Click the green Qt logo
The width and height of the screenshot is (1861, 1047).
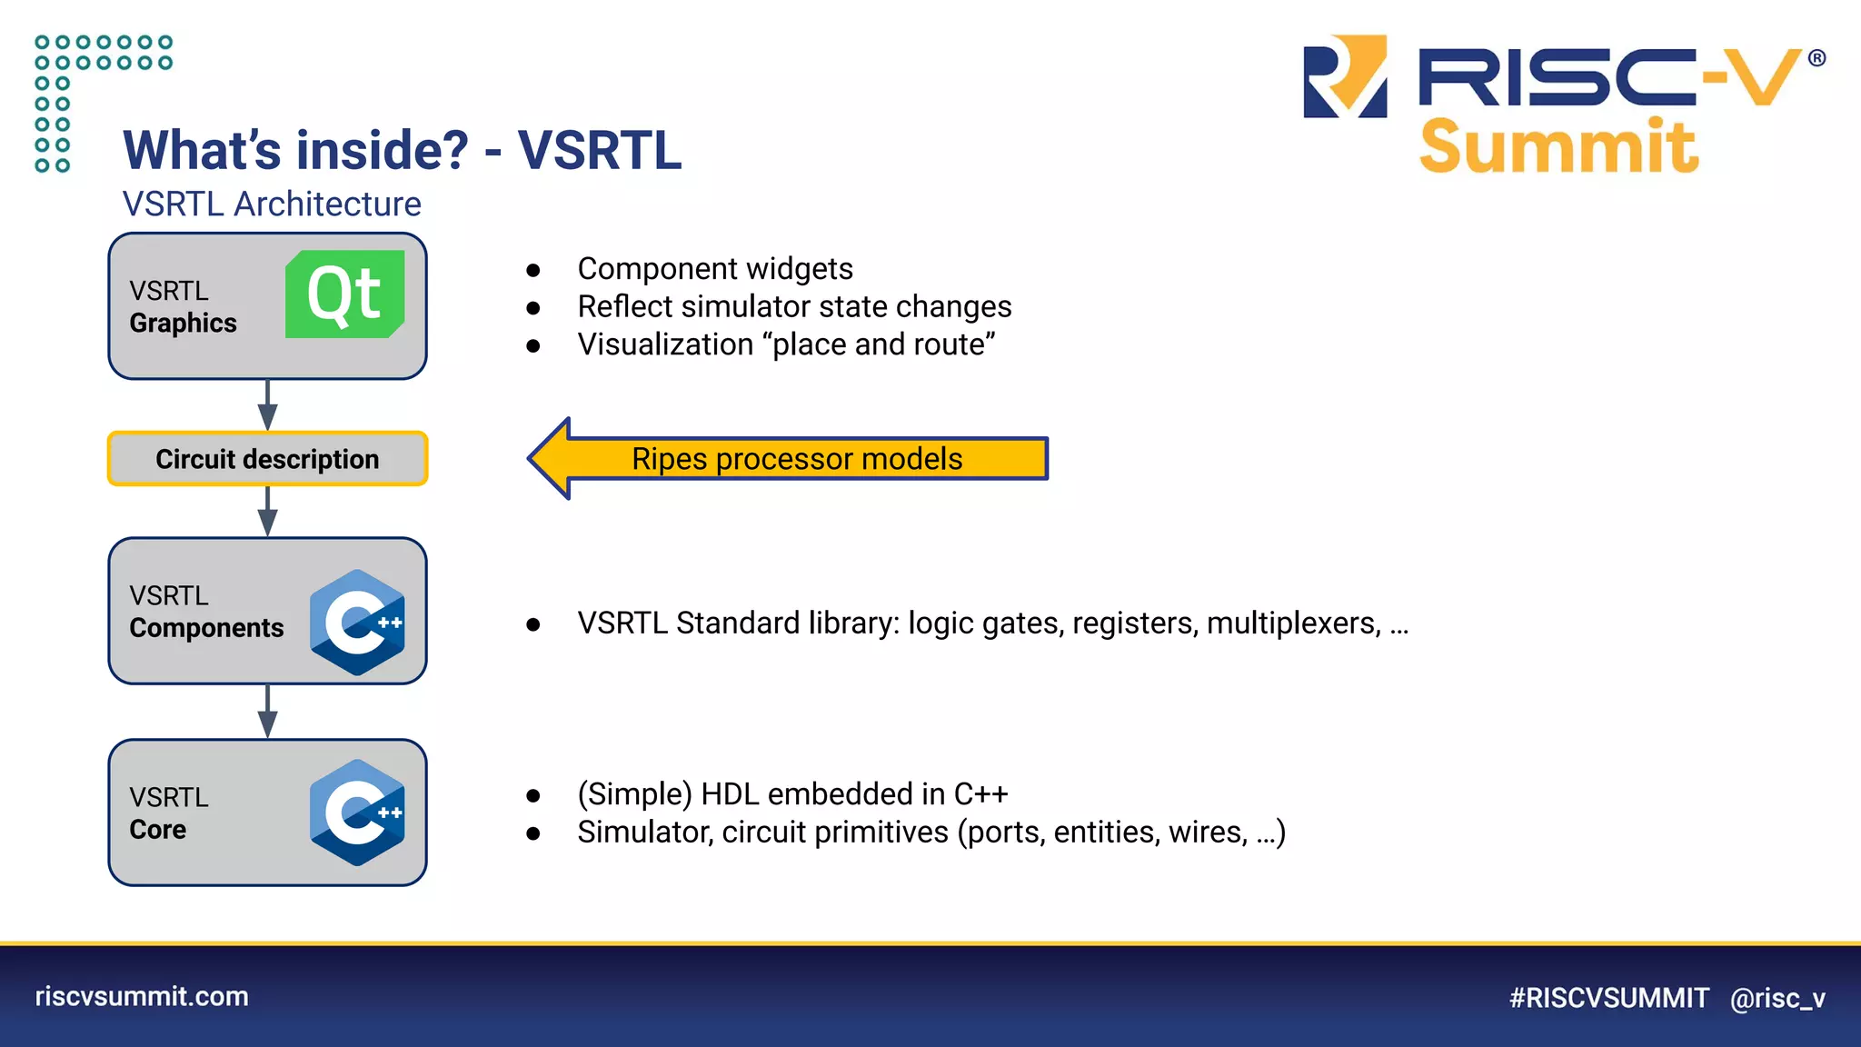click(x=345, y=294)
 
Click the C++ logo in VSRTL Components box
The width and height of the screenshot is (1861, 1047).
click(x=357, y=623)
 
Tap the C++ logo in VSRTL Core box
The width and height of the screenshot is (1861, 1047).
click(x=357, y=813)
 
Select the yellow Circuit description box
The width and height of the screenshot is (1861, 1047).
click(x=267, y=459)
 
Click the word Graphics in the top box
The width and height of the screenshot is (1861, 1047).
click(x=183, y=324)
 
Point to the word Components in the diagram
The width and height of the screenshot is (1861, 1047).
click(x=206, y=628)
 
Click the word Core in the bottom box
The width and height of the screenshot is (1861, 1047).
click(x=157, y=830)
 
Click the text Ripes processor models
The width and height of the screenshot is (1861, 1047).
click(x=797, y=459)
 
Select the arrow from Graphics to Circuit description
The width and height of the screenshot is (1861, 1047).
click(x=267, y=405)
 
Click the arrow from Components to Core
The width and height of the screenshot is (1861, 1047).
click(x=267, y=712)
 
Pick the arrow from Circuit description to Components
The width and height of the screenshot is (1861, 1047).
click(x=267, y=512)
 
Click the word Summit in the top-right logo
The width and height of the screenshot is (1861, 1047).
click(x=1558, y=147)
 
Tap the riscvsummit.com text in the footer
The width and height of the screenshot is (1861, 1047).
click(x=142, y=996)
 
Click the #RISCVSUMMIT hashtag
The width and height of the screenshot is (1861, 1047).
click(x=1608, y=998)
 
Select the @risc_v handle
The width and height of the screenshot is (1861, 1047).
click(x=1777, y=998)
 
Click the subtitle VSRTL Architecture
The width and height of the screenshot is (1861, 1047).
click(x=272, y=204)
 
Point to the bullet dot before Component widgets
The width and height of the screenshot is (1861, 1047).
click(x=533, y=270)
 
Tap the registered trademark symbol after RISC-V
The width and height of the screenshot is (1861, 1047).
click(x=1816, y=58)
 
